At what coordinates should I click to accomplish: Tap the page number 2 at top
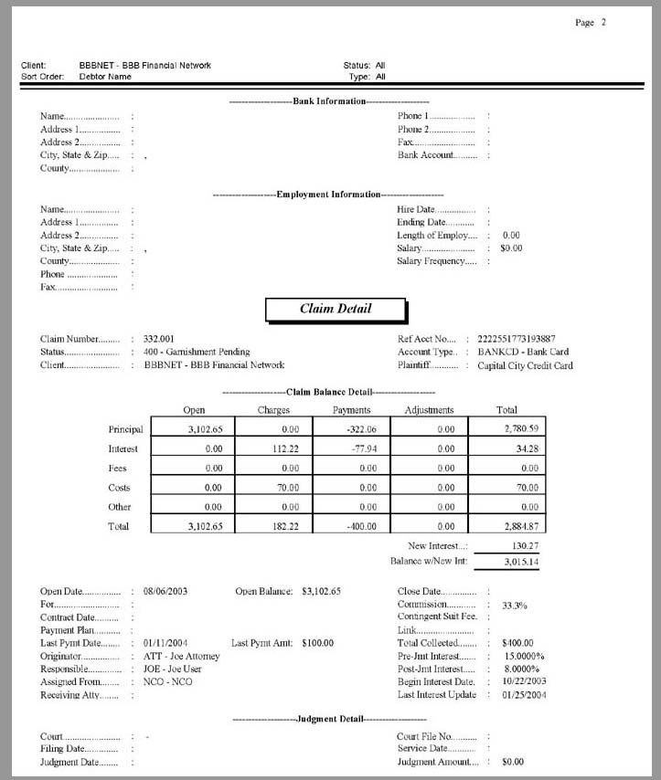[x=603, y=23]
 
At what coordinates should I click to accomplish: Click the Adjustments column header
[x=429, y=410]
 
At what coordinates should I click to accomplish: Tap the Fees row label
[x=118, y=469]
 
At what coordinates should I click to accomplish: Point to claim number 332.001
[x=159, y=339]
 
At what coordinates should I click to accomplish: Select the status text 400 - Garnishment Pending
[x=197, y=352]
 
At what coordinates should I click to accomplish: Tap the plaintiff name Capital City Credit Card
[x=525, y=365]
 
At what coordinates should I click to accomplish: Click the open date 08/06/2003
[x=166, y=592]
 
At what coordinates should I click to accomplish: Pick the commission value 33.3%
[x=515, y=605]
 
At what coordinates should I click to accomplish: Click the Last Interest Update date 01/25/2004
[x=523, y=695]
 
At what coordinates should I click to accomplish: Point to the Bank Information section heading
[x=329, y=101]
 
